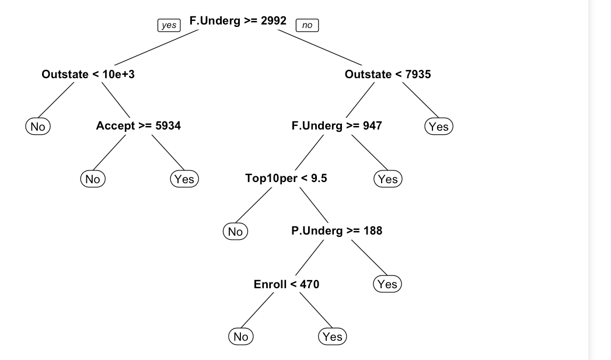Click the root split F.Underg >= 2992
pos(238,21)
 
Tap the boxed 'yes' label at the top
pos(168,26)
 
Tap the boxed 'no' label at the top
pos(307,26)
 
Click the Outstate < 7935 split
pos(388,74)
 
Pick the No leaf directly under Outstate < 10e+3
pos(38,126)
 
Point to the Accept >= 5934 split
pos(138,125)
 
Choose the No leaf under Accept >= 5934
pos(92,179)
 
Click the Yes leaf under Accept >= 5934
pos(184,179)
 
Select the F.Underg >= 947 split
pos(337,125)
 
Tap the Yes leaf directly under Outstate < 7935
pos(438,126)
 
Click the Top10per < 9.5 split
pos(286,178)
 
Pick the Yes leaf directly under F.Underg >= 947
pos(387,179)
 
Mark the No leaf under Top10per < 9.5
pos(235,232)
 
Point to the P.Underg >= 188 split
pos(337,230)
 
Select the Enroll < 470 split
pos(287,284)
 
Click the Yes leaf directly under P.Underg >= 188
pos(387,284)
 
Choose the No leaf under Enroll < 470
pos(240,337)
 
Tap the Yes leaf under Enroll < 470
pos(332,337)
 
